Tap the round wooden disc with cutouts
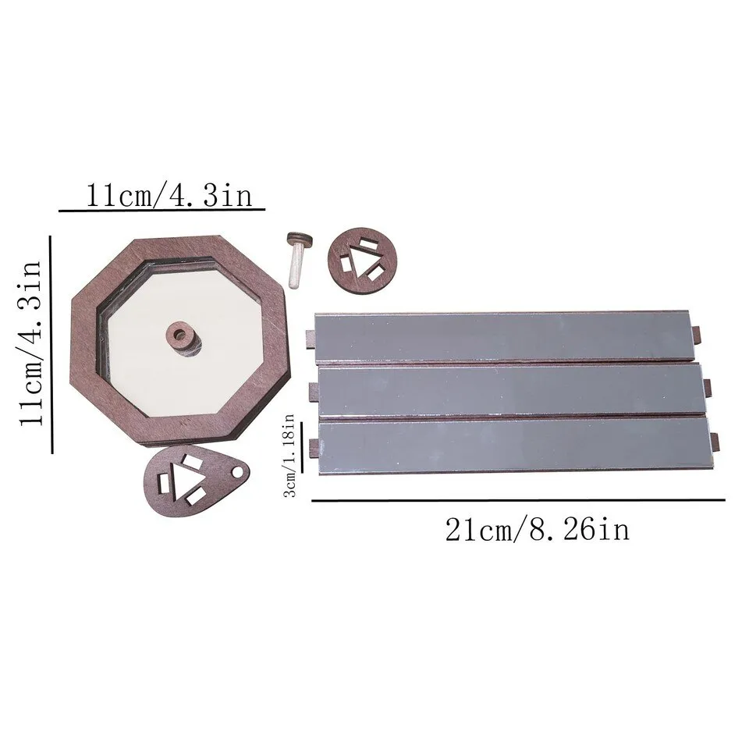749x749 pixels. (363, 262)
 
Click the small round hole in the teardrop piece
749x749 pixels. (237, 473)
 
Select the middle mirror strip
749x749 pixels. (512, 389)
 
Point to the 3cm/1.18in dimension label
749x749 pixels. (290, 456)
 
